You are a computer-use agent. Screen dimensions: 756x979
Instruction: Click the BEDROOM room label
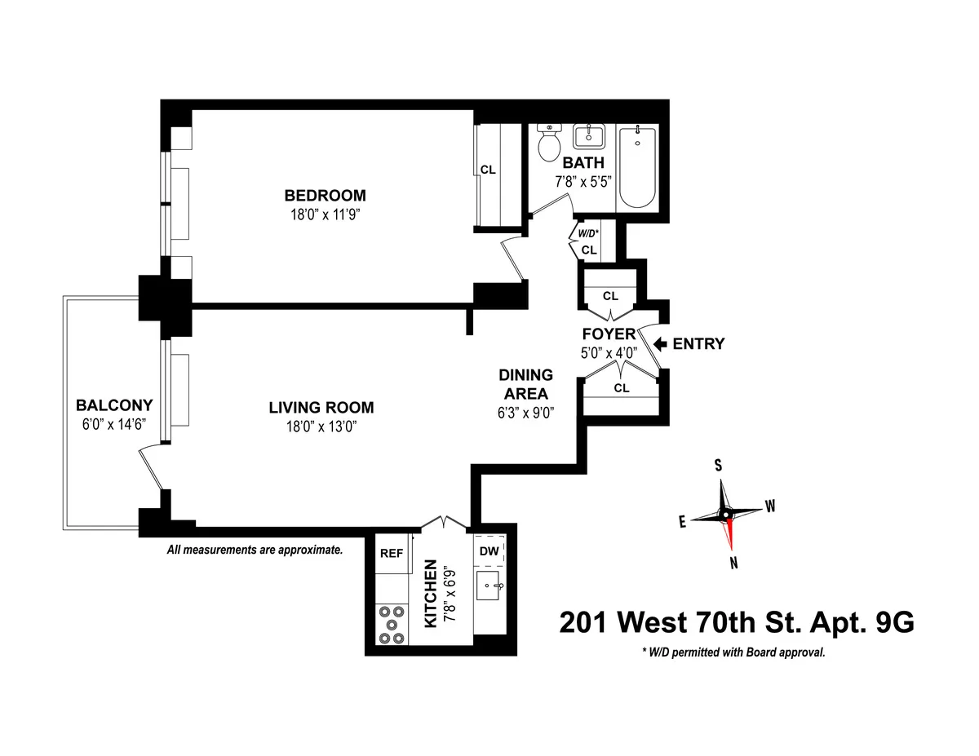point(325,196)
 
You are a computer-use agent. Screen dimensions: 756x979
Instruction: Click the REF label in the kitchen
point(392,553)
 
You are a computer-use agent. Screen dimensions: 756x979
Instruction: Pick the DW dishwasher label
point(489,553)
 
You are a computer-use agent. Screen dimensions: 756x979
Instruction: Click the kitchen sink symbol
point(491,585)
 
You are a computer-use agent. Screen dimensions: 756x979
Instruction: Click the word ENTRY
point(698,343)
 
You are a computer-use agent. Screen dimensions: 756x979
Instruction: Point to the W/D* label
point(589,232)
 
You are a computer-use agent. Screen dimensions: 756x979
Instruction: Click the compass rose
point(725,514)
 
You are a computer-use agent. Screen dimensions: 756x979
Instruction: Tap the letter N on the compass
point(734,562)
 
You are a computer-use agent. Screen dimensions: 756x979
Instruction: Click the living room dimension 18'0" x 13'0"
point(321,426)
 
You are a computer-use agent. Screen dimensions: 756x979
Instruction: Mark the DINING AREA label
point(526,384)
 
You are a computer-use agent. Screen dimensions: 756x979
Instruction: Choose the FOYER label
point(609,334)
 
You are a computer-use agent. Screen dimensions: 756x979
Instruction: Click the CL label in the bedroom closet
point(488,170)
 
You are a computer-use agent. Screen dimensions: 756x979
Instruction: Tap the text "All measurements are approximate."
point(255,550)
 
